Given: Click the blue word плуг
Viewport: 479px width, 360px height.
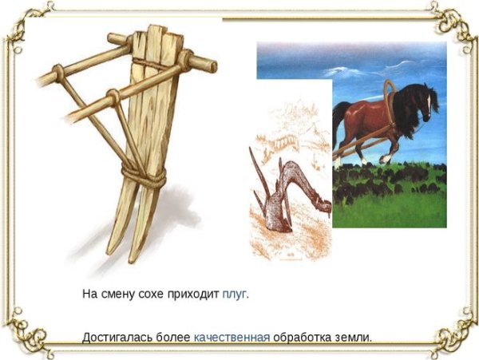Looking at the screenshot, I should [x=235, y=293].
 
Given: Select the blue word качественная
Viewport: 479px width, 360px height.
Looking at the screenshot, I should [x=232, y=337].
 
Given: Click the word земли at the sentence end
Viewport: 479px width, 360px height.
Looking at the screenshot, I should [x=353, y=337].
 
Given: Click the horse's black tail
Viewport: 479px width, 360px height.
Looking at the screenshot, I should [x=340, y=120].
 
